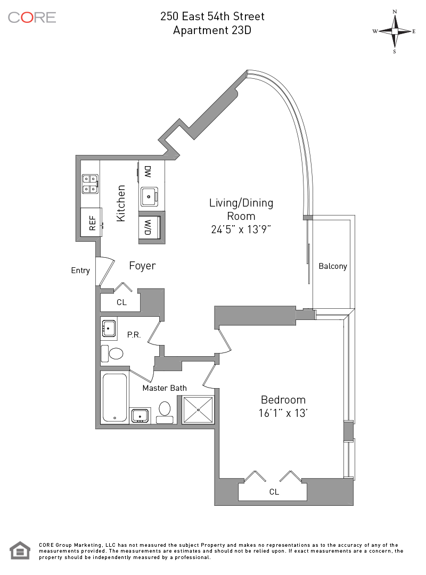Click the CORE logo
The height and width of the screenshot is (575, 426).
(32, 17)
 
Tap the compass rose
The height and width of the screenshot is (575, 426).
(395, 31)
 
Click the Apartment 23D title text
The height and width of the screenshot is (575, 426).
(212, 30)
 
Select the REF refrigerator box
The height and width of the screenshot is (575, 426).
(91, 222)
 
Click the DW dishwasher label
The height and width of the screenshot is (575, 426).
(148, 171)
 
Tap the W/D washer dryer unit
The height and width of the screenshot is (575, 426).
(148, 228)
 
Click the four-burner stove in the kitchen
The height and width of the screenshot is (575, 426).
(89, 184)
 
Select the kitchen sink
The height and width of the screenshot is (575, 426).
(150, 196)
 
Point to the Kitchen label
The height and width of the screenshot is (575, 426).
(121, 203)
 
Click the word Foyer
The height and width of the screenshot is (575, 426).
(142, 266)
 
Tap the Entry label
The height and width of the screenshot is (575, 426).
(80, 270)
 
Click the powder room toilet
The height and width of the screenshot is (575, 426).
(113, 353)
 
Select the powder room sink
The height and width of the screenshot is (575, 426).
(109, 329)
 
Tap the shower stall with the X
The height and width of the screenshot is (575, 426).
(198, 410)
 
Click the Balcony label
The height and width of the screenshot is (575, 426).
(333, 266)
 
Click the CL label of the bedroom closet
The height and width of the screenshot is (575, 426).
(274, 492)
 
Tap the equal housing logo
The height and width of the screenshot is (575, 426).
(20, 551)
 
